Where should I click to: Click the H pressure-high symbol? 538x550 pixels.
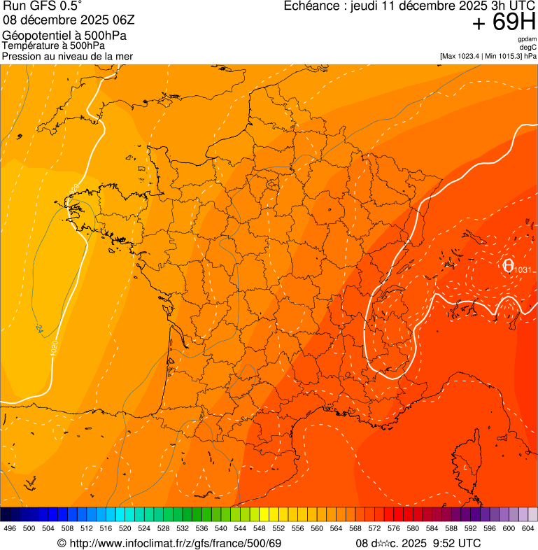tap(507, 265)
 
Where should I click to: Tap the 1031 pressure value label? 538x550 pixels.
tap(523, 270)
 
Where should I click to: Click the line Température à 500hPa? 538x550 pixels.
tap(56, 45)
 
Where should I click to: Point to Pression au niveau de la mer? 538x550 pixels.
tap(67, 56)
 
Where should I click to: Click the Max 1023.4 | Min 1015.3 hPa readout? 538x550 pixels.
tap(488, 56)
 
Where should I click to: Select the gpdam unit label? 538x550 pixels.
tap(528, 39)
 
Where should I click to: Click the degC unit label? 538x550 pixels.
tap(528, 47)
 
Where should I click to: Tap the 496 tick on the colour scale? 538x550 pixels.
tap(10, 528)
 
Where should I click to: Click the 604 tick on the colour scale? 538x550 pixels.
tap(528, 528)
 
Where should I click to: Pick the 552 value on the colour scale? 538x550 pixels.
tap(278, 528)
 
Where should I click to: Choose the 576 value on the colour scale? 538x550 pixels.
tap(394, 528)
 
